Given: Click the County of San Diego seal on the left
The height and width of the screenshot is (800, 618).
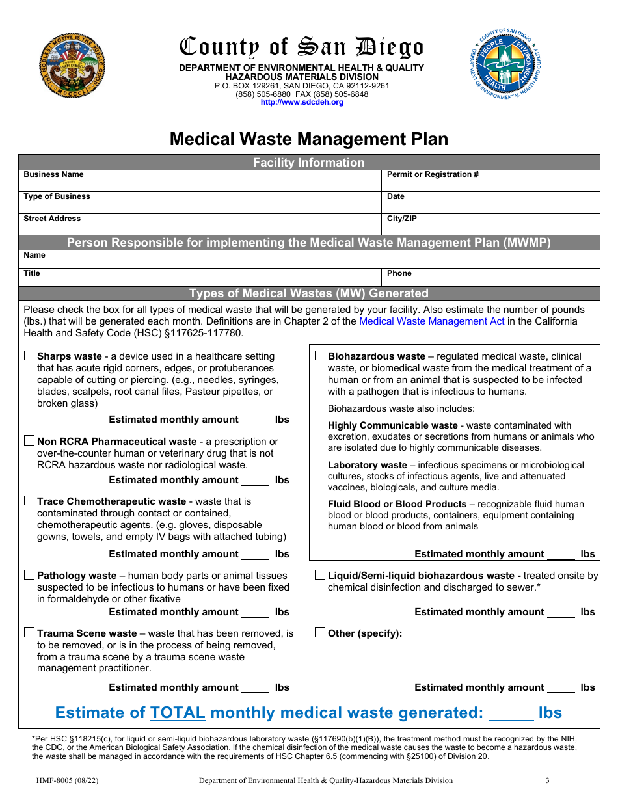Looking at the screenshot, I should coord(72,66).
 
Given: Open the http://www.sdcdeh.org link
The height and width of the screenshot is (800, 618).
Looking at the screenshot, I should coord(302,103).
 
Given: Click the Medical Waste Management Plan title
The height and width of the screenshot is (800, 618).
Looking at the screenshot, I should coord(309,139).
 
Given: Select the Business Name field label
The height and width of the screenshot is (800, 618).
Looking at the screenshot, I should coord(53,174).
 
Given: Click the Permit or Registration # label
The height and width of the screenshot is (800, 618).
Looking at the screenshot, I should coord(433,174).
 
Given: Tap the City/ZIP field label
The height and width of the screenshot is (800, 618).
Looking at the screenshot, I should coord(401,219).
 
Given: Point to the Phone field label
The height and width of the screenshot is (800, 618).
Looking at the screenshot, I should coord(399,273).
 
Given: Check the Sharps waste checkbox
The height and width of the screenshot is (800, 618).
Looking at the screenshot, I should coord(29,356).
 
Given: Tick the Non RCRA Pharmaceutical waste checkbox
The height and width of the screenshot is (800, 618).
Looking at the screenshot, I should coord(29,441).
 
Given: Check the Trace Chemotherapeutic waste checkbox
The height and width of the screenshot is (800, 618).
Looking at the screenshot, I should coord(29,501).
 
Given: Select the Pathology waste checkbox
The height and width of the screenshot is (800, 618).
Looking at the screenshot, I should coord(29,575).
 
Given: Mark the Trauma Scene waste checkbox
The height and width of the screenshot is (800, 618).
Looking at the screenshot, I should coord(29,633).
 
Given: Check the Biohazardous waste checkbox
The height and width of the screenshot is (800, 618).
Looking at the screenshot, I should coord(320,356).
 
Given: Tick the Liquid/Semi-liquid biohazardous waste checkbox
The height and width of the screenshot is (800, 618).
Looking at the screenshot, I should coord(320,575).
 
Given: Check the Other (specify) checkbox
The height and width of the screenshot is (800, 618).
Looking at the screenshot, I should coord(320,633).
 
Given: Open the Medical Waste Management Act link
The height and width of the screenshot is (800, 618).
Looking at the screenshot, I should coord(431,321).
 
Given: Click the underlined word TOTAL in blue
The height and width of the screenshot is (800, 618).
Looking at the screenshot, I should coord(178,713).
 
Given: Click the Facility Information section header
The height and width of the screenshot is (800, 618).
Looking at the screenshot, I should coord(309,163).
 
